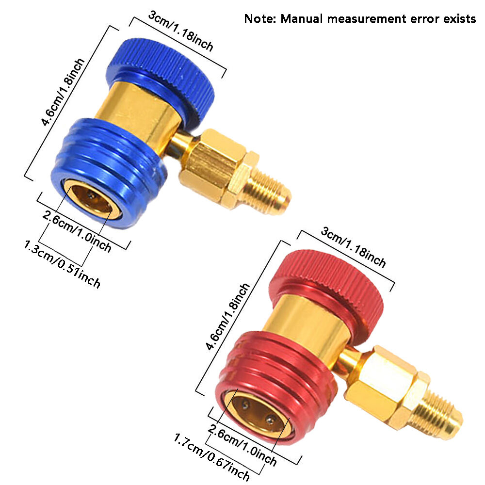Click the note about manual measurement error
click(359, 19)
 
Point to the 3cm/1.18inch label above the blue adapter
click(180, 31)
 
